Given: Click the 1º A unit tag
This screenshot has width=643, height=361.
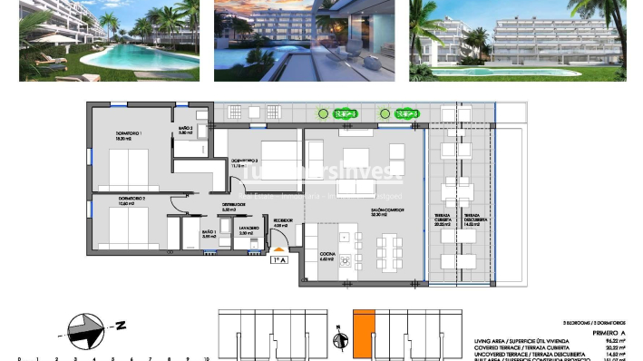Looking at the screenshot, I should click(279, 259).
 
